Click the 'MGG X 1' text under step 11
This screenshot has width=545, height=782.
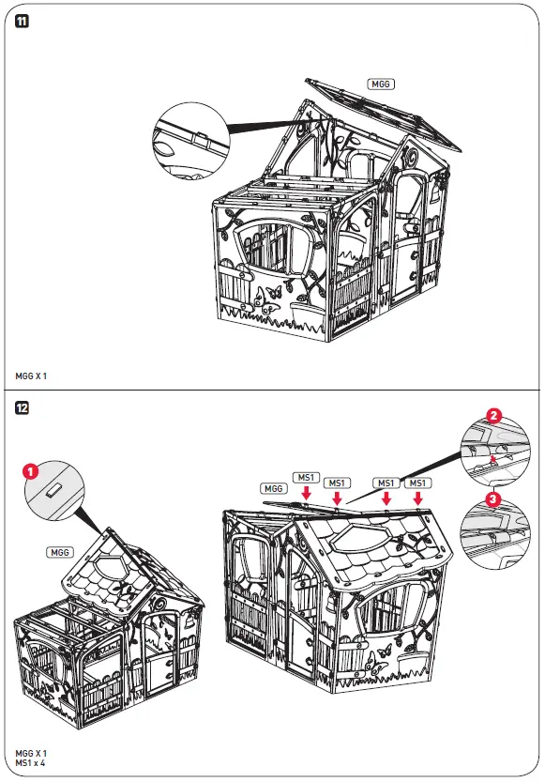pos(31,376)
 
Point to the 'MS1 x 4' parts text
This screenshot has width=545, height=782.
pos(31,763)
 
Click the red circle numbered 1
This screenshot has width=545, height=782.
pos(30,472)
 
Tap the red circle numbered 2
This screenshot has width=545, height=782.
pos(493,413)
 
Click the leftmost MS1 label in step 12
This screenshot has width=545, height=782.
pos(306,477)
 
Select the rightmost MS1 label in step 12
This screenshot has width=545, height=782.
pos(417,483)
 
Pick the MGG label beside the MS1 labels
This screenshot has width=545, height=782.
pos(274,489)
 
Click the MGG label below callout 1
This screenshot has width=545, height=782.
pos(60,553)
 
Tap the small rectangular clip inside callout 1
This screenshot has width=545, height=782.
pos(53,489)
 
